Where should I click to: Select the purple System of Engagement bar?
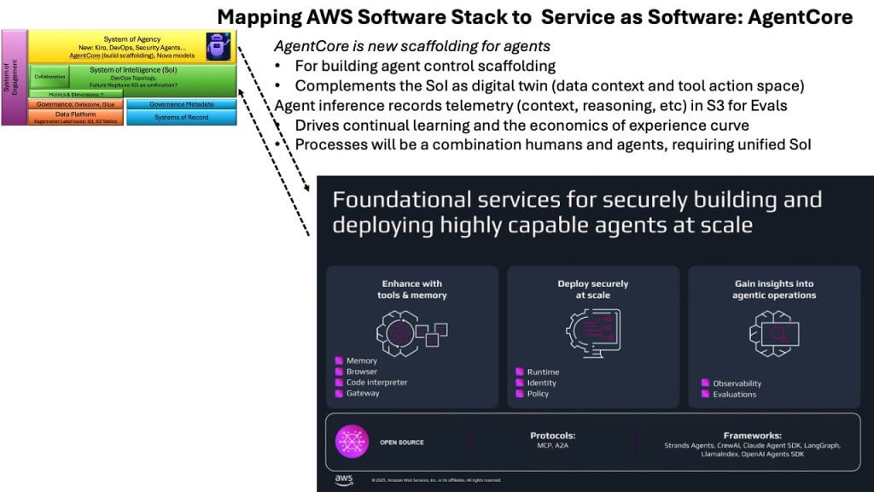pyautogui.click(x=15, y=78)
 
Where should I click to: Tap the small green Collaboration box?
pyautogui.click(x=49, y=76)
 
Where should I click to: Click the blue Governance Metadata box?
pyautogui.click(x=182, y=104)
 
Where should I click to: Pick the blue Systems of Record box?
pyautogui.click(x=182, y=117)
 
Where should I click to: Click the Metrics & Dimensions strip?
pyautogui.click(x=76, y=94)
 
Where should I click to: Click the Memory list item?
pyautogui.click(x=361, y=361)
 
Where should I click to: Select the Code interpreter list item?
pyautogui.click(x=376, y=383)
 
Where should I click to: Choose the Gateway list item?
pyautogui.click(x=363, y=394)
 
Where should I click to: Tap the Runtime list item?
pyautogui.click(x=543, y=372)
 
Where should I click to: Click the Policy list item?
pyautogui.click(x=538, y=394)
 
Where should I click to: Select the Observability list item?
pyautogui.click(x=736, y=384)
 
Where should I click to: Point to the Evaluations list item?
pyautogui.click(x=734, y=394)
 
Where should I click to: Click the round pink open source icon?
pyautogui.click(x=352, y=441)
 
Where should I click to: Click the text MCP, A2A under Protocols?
pyautogui.click(x=552, y=445)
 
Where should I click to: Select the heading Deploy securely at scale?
pyautogui.click(x=593, y=290)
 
